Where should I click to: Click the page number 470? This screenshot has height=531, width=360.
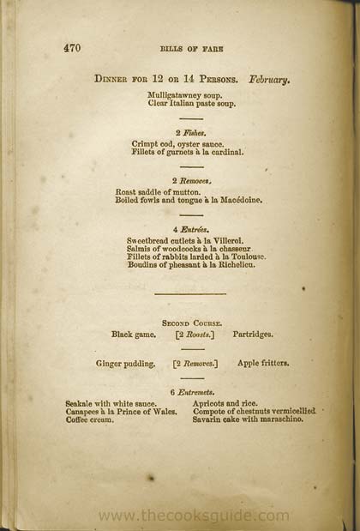[72, 49]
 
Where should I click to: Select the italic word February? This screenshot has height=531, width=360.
[270, 79]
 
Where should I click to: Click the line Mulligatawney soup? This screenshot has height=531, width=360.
[183, 94]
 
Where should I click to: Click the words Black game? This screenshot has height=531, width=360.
[134, 335]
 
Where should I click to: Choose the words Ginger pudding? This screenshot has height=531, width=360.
[126, 364]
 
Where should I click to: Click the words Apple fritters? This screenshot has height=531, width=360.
[263, 364]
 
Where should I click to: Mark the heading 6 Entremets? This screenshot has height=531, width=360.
[192, 392]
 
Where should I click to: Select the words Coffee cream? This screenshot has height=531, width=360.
[89, 419]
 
